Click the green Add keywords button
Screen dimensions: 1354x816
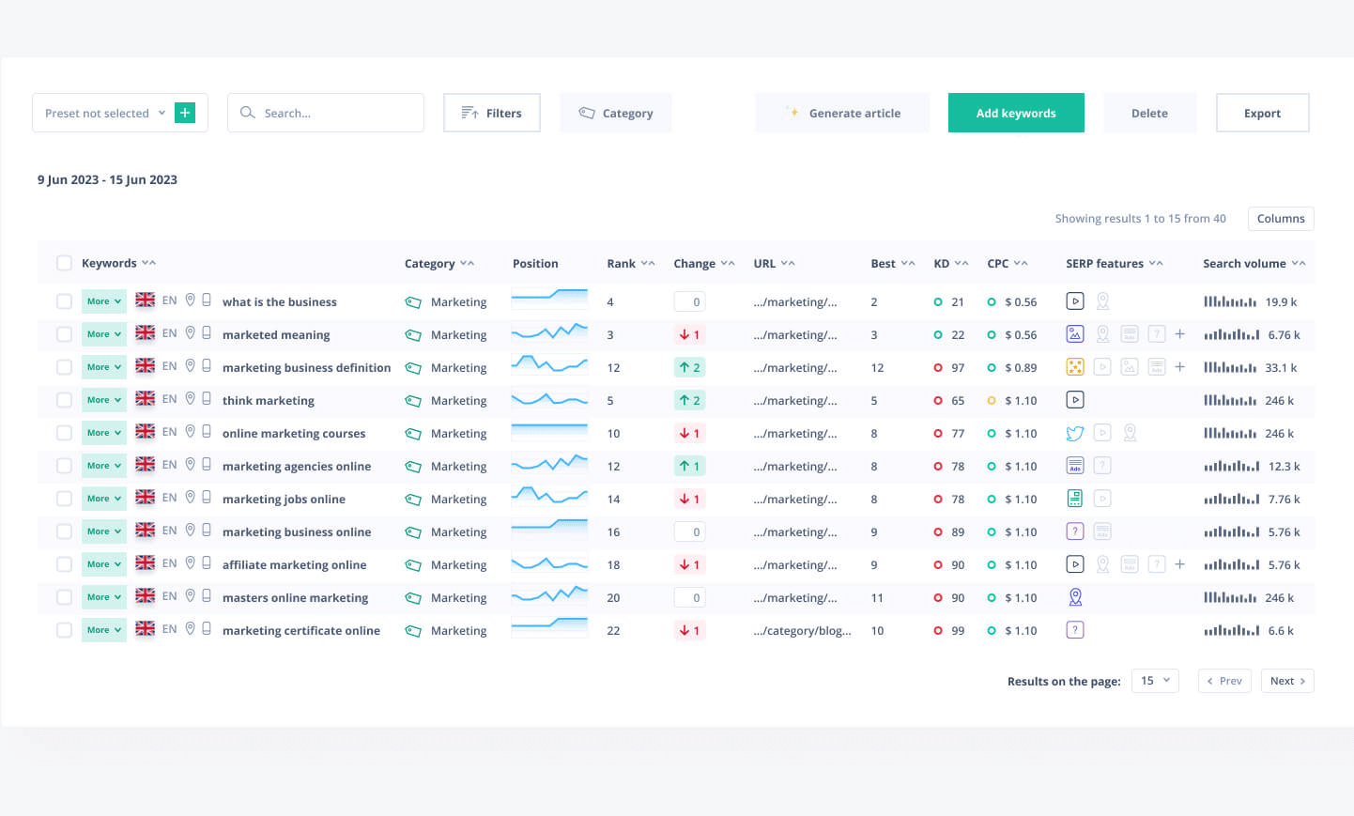pyautogui.click(x=1016, y=113)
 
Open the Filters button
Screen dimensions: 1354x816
pyautogui.click(x=491, y=113)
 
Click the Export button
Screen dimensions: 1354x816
pyautogui.click(x=1262, y=113)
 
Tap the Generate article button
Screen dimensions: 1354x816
pyautogui.click(x=842, y=113)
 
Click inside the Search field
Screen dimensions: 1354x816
pyautogui.click(x=325, y=113)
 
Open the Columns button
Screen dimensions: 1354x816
pyautogui.click(x=1280, y=219)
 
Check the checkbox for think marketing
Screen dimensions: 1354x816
pyautogui.click(x=64, y=400)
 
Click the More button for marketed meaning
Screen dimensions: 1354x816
pyautogui.click(x=104, y=334)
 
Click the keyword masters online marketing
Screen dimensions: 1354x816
pyautogui.click(x=295, y=598)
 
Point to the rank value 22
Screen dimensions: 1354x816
pyautogui.click(x=613, y=630)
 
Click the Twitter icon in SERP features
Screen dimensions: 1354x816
pyautogui.click(x=1075, y=434)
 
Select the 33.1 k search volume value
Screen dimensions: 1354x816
pyautogui.click(x=1281, y=367)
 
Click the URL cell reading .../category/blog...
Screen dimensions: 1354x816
pyautogui.click(x=802, y=630)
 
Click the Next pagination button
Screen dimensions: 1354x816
pyautogui.click(x=1287, y=681)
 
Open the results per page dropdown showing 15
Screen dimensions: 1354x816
pyautogui.click(x=1155, y=681)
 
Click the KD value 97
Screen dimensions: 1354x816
pyautogui.click(x=958, y=367)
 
